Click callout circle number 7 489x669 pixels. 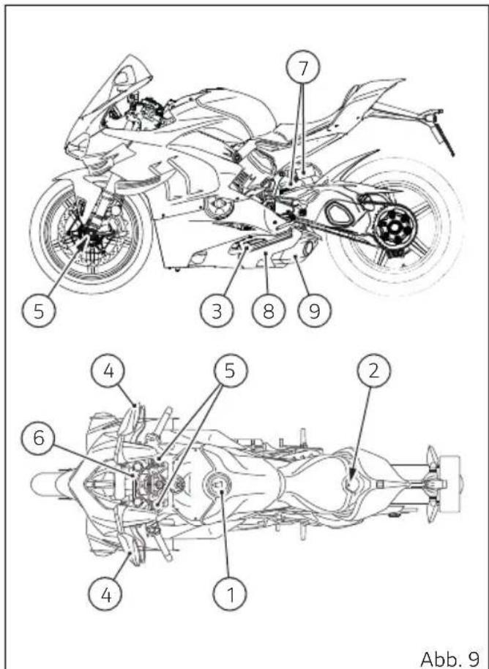click(303, 68)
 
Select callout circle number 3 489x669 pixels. click(217, 311)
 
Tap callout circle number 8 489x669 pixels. click(268, 311)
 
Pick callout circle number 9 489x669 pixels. click(314, 311)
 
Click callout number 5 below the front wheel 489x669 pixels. click(39, 311)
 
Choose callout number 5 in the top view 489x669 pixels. click(230, 371)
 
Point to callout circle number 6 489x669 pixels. click(39, 438)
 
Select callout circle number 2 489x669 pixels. click(373, 371)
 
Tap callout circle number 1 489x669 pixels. click(230, 594)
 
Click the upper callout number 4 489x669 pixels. click(108, 371)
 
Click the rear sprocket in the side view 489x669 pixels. click(395, 227)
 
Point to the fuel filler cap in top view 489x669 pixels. click(218, 485)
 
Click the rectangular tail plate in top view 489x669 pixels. click(450, 484)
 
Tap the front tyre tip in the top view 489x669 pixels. click(32, 485)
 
